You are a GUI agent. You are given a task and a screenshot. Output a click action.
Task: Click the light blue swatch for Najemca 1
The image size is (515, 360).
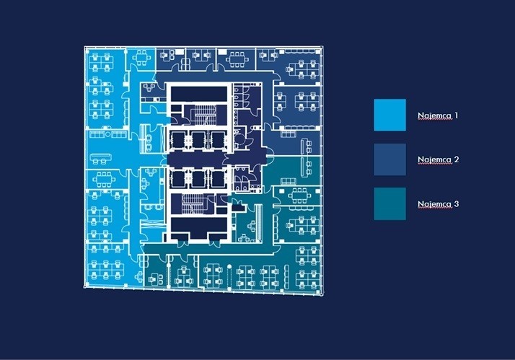click(389, 115)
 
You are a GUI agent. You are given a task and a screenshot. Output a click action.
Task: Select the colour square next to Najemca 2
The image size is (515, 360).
click(389, 159)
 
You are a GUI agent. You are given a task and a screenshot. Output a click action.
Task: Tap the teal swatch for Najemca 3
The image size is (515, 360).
click(389, 203)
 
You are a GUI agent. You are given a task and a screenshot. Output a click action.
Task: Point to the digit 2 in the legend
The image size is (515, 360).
click(456, 159)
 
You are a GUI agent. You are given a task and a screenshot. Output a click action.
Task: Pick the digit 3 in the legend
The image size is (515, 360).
click(456, 204)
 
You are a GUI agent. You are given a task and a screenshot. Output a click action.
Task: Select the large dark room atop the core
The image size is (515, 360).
click(198, 94)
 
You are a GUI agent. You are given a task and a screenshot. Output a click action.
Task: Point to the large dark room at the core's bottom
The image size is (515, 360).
click(198, 229)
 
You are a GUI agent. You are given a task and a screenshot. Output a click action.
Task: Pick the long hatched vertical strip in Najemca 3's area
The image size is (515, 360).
click(257, 218)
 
